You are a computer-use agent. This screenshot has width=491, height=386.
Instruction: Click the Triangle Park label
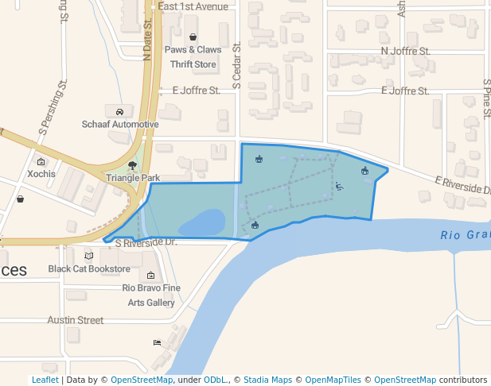[133, 178]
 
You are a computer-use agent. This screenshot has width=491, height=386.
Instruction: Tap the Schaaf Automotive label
[120, 124]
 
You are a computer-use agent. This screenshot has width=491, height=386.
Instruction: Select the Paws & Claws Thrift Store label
[193, 56]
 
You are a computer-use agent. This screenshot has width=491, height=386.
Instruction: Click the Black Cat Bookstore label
[89, 268]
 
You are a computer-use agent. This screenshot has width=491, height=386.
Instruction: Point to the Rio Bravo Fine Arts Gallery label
[151, 295]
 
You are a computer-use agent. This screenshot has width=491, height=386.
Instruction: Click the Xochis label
[41, 173]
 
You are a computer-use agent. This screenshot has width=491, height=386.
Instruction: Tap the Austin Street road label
[75, 320]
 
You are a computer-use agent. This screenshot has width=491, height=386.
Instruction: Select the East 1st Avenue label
[193, 6]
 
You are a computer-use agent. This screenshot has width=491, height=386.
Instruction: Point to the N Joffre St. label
[406, 51]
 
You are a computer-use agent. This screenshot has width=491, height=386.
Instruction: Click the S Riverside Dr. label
[145, 242]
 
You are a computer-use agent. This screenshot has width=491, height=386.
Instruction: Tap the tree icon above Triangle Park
[132, 165]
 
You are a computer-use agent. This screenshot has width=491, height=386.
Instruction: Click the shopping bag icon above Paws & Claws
[193, 37]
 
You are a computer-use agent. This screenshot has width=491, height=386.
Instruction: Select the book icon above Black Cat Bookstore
[89, 256]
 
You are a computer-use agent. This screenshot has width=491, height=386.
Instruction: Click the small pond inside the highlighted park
[204, 222]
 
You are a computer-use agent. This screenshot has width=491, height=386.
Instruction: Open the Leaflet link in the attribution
[45, 380]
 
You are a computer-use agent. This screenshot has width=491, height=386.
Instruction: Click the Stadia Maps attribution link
[267, 380]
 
